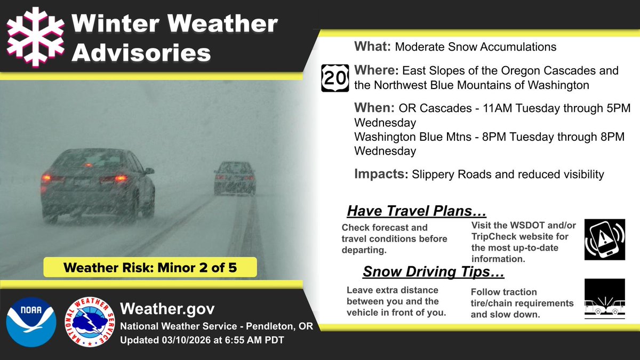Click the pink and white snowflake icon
pos(35,37)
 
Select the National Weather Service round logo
pos(89,322)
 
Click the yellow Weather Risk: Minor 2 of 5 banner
pos(150,267)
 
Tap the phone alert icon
pos(604,238)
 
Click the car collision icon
pos(604,299)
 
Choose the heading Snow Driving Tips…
pos(434,272)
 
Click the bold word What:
pos(373,46)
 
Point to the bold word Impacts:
pos(382,173)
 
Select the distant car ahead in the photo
pos(235,178)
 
